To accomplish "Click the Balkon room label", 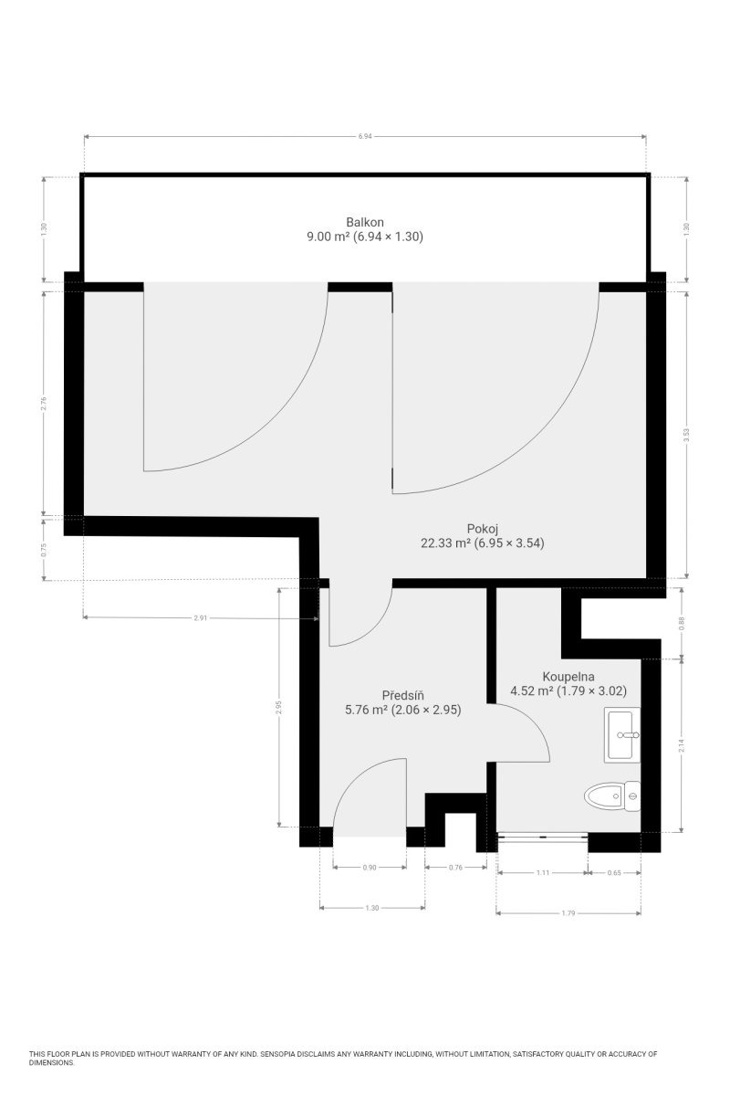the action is (x=365, y=222).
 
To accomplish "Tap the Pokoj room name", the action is (x=482, y=529).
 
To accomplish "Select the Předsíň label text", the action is (x=403, y=695).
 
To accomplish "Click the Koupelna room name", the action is (x=568, y=677).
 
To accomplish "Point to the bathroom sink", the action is (x=622, y=735).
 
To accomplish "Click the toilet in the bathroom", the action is (x=611, y=796).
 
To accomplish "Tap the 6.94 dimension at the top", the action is (x=365, y=136).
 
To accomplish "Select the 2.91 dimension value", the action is (x=201, y=618).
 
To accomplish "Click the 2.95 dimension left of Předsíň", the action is (x=278, y=707).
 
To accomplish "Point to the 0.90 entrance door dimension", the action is (x=370, y=868).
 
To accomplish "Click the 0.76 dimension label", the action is (x=455, y=868).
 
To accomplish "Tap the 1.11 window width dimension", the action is (x=543, y=872).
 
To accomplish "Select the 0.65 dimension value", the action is (x=614, y=872).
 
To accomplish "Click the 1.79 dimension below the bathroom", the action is (x=568, y=913).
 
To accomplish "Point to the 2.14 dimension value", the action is (x=682, y=745).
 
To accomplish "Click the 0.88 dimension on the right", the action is (x=682, y=623).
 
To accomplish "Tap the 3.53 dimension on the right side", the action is (x=686, y=435).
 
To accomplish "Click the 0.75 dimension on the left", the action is (x=44, y=551).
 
